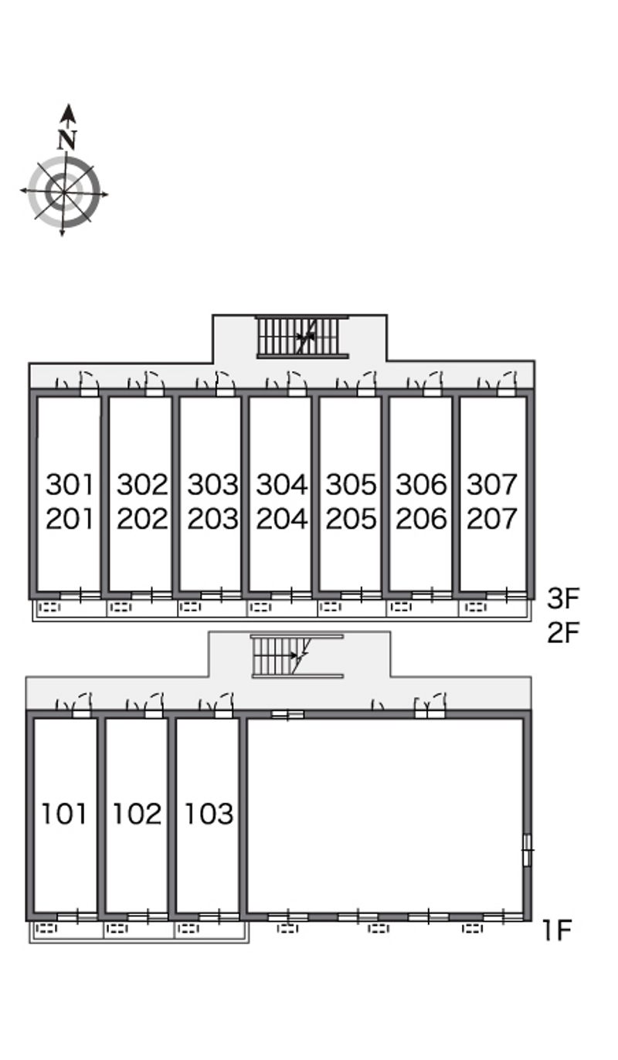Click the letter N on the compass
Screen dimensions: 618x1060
click(67, 140)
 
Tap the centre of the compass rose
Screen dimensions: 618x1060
click(63, 192)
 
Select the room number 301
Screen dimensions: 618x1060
click(70, 485)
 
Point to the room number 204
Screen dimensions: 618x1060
click(282, 519)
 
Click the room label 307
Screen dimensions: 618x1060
click(491, 485)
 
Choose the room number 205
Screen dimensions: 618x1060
click(351, 519)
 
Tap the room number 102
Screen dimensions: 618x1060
click(137, 814)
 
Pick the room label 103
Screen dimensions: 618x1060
click(209, 814)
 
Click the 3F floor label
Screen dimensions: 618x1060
click(563, 598)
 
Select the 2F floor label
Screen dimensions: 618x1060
click(563, 632)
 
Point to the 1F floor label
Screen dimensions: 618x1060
click(558, 930)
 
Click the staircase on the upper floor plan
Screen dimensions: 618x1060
click(303, 337)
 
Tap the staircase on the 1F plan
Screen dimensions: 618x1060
click(297, 656)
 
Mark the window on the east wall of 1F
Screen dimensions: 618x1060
click(527, 850)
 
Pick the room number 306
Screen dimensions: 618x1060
click(421, 485)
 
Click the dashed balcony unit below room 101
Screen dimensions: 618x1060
click(46, 929)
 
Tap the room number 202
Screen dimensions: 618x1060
click(142, 519)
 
